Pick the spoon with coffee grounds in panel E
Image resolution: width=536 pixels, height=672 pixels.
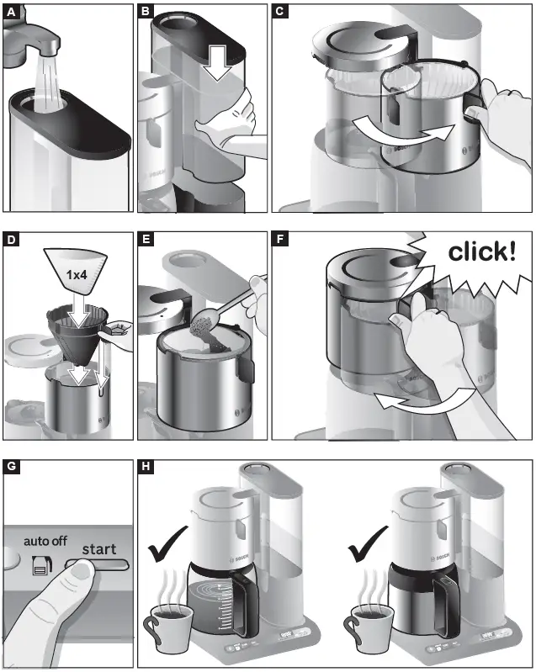point(215,320)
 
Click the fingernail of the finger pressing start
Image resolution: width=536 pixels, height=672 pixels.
point(81,572)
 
